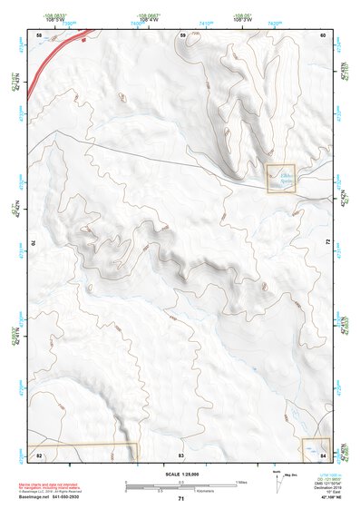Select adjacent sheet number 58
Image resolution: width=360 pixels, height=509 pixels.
coord(38,34)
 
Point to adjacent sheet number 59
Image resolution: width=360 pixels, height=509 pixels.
coord(182,34)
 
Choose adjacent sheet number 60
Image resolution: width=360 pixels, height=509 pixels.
coord(325,34)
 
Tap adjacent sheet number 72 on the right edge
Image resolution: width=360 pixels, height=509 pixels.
coord(326,242)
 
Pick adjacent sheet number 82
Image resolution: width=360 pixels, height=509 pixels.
coord(39,454)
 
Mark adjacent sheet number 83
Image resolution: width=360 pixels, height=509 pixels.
coord(181,454)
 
